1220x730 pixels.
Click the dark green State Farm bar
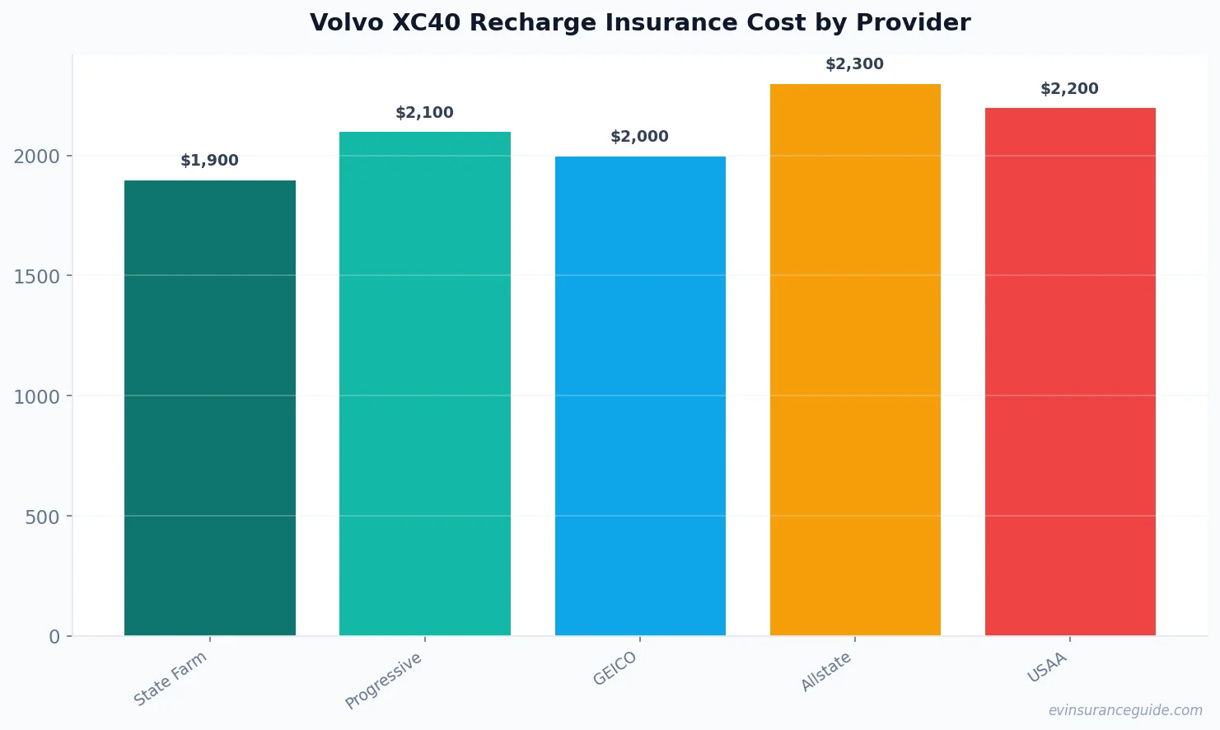point(209,408)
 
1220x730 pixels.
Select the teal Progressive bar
point(424,384)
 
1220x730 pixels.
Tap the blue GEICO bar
point(640,395)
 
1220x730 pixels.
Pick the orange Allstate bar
point(855,359)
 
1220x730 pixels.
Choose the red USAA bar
point(1070,372)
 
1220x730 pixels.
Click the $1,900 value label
point(209,161)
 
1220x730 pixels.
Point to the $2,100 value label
point(424,113)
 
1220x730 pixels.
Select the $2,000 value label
point(639,137)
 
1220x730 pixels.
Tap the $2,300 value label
point(854,64)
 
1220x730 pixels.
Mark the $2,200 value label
point(1069,89)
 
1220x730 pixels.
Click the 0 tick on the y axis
point(54,637)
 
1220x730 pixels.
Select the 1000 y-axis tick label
point(37,396)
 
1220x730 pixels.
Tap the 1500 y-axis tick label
point(37,276)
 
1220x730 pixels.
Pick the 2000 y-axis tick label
point(37,157)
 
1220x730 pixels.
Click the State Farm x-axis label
point(171,679)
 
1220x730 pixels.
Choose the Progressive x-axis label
point(384,681)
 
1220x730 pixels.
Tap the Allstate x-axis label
point(826,672)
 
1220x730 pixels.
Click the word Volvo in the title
point(346,22)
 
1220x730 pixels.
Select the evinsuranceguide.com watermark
point(1125,710)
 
